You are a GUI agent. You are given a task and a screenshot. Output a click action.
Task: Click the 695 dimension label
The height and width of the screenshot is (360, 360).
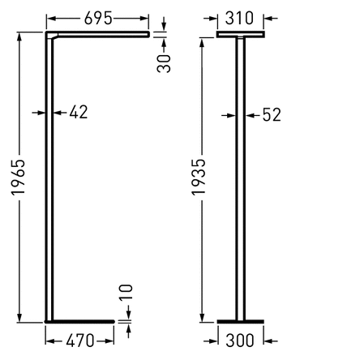point(98,19)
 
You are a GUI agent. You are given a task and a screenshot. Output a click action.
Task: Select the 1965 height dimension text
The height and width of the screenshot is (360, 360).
point(19,177)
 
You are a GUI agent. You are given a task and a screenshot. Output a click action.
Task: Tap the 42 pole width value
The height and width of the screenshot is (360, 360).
point(79,112)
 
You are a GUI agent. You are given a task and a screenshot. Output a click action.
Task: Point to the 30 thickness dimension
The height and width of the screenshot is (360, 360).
point(164,63)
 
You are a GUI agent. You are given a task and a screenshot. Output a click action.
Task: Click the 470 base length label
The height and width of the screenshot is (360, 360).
point(80,341)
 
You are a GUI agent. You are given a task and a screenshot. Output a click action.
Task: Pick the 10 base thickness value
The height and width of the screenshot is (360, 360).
point(126,292)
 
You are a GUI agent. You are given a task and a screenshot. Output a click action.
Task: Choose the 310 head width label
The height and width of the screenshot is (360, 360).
point(239,19)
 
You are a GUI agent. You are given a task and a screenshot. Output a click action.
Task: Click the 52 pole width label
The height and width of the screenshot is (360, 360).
point(272,115)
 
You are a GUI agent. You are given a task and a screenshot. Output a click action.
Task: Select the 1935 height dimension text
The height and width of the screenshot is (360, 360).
point(199,177)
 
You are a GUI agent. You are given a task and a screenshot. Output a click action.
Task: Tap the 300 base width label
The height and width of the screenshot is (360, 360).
point(240,341)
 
